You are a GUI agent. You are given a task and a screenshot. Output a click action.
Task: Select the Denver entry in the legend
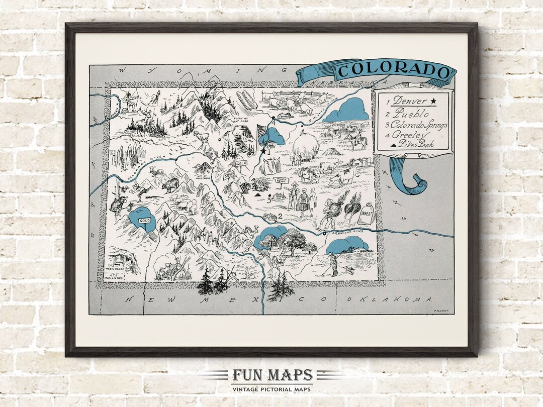pyautogui.click(x=409, y=100)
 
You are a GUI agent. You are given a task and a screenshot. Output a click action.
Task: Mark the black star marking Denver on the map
pyautogui.click(x=262, y=150)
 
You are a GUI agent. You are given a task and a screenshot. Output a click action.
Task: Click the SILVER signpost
pyautogui.click(x=229, y=174)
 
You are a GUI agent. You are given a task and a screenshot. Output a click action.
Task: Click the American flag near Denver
pyautogui.click(x=261, y=133)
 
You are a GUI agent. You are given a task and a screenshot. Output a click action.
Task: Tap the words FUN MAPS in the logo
pyautogui.click(x=272, y=375)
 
